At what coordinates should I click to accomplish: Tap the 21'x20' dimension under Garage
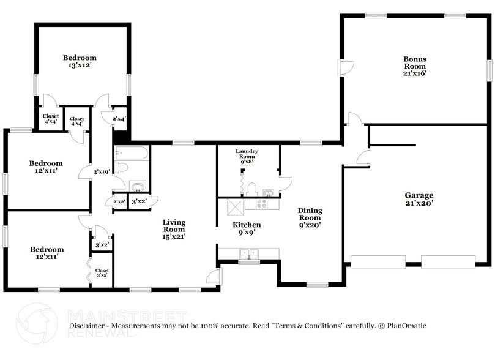(419, 203)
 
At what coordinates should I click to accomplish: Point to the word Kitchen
(247, 225)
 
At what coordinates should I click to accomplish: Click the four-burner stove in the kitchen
(267, 204)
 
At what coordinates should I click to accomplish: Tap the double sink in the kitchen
(249, 253)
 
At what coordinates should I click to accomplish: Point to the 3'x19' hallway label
(101, 172)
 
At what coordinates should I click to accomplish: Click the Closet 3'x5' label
(102, 272)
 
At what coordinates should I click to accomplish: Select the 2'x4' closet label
(119, 119)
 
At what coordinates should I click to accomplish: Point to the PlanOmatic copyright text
(401, 326)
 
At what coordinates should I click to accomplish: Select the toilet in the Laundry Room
(252, 189)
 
